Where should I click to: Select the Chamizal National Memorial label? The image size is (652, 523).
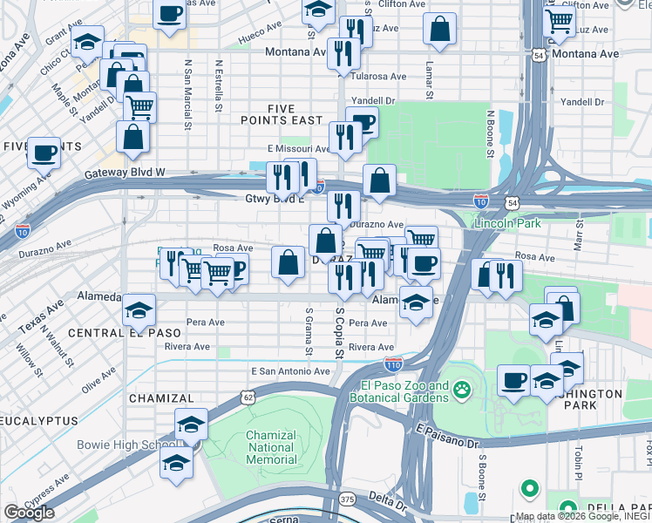[x=271, y=447]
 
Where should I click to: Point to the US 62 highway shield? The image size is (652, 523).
[x=249, y=397]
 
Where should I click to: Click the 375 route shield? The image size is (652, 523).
[x=347, y=499]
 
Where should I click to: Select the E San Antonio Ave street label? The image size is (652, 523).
[x=290, y=370]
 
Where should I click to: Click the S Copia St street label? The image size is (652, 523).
[x=339, y=329]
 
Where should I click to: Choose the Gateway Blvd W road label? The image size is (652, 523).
[x=125, y=173]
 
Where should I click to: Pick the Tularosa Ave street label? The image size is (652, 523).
[x=380, y=76]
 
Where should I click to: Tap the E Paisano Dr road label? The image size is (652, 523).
[x=448, y=436]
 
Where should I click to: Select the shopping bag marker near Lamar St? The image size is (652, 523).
[x=441, y=29]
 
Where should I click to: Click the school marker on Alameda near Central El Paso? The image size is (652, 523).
[x=139, y=309]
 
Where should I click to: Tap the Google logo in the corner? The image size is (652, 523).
[x=29, y=513]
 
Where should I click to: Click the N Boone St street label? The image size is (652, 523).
[x=491, y=133]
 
